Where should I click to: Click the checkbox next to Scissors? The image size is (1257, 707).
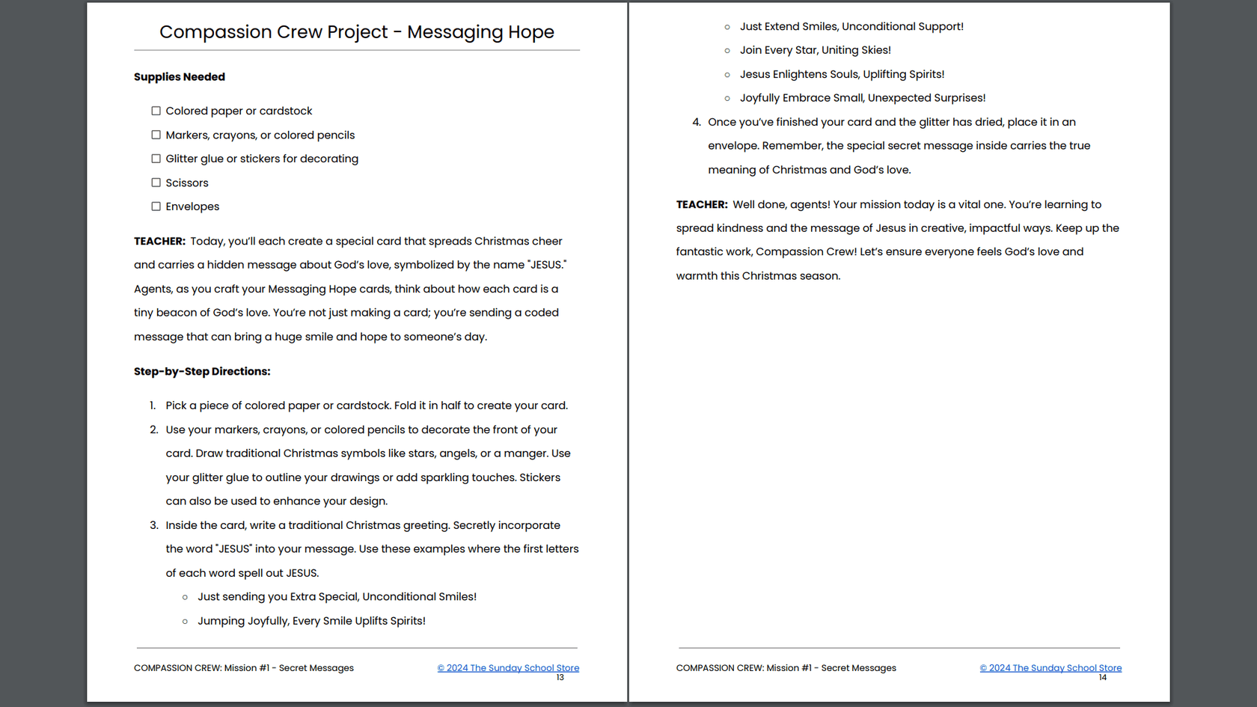pyautogui.click(x=156, y=183)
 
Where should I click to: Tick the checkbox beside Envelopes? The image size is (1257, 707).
pyautogui.click(x=156, y=206)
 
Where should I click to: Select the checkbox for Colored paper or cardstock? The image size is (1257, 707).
pyautogui.click(x=156, y=111)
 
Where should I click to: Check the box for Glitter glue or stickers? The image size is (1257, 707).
pyautogui.click(x=156, y=159)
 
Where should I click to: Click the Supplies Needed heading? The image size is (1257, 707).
pyautogui.click(x=180, y=77)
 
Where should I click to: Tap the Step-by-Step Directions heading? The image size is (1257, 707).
pyautogui.click(x=202, y=372)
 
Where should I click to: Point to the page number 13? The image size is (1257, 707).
pyautogui.click(x=560, y=678)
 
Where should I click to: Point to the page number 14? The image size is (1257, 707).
pyautogui.click(x=1102, y=678)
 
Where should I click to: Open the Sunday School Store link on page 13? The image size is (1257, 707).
pyautogui.click(x=508, y=668)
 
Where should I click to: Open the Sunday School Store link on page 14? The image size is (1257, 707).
pyautogui.click(x=1050, y=668)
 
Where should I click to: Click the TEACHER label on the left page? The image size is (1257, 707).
pyautogui.click(x=159, y=242)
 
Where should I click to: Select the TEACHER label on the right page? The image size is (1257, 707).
pyautogui.click(x=702, y=205)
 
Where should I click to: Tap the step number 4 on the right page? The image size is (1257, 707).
pyautogui.click(x=697, y=122)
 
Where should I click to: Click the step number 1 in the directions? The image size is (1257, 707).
pyautogui.click(x=153, y=405)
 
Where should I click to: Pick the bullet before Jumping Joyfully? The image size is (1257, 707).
pyautogui.click(x=185, y=622)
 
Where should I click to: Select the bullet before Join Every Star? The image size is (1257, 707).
pyautogui.click(x=727, y=51)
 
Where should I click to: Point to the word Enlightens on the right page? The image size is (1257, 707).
pyautogui.click(x=799, y=74)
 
